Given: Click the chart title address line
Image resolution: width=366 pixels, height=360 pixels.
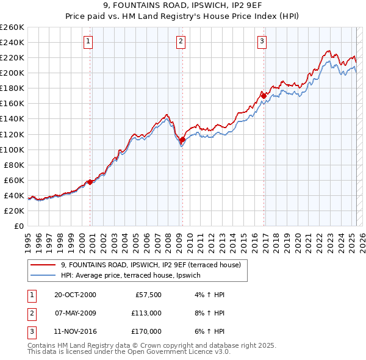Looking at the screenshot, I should [182, 7].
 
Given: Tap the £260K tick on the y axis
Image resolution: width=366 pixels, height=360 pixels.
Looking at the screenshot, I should [12, 27].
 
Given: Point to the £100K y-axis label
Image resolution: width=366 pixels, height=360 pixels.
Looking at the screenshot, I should [12, 149].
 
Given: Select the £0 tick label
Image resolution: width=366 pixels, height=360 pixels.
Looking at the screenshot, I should [18, 226].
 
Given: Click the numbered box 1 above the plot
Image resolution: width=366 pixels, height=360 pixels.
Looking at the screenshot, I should [88, 41].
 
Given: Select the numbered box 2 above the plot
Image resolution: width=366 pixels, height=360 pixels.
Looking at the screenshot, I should [181, 41].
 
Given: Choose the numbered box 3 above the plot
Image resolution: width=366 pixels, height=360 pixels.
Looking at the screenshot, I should [262, 41].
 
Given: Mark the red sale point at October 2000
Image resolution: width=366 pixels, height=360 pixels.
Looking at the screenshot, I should [90, 182].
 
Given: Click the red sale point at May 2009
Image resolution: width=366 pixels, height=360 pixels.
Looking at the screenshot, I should [182, 140].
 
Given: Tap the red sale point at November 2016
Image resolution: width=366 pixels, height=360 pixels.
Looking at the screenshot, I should [264, 95].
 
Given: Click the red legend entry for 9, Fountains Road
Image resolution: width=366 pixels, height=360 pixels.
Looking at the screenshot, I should [151, 265].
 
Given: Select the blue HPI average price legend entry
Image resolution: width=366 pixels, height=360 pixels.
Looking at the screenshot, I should [135, 276].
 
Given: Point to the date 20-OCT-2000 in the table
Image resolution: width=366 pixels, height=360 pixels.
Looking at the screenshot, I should [75, 295].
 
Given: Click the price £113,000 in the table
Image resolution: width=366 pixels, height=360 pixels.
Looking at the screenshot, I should [146, 313].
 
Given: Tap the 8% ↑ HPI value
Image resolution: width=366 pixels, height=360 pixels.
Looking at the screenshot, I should [212, 313].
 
